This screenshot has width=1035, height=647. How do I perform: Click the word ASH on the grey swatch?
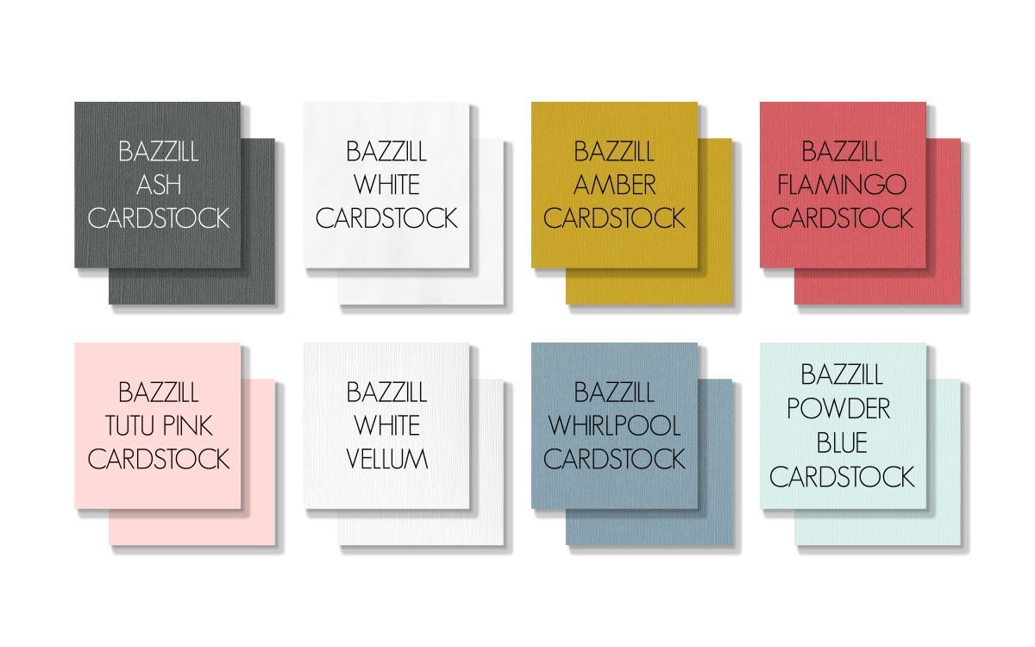coord(159,185)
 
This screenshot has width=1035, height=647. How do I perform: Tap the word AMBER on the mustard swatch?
coord(614,185)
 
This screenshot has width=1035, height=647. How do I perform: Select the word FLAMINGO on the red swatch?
coord(842,185)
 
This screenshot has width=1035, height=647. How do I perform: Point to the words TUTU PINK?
coord(159,425)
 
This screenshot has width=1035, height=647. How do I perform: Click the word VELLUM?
coord(386,459)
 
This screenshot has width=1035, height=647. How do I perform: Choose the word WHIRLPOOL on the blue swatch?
coord(614,425)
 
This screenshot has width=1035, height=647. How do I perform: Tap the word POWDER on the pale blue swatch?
coord(838,409)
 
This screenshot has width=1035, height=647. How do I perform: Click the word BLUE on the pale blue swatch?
coord(842,443)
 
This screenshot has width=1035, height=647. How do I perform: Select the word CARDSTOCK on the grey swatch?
coord(159,218)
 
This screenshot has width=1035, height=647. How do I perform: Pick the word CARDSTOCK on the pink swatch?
coord(159,459)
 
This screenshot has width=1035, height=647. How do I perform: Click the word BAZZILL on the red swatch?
coord(842,152)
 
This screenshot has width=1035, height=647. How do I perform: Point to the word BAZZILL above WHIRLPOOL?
coord(614,393)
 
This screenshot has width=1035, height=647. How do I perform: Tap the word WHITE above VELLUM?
coord(386,425)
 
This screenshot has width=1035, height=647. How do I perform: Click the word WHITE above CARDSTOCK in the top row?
coord(386,185)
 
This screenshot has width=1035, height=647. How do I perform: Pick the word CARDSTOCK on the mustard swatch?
coord(614,218)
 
